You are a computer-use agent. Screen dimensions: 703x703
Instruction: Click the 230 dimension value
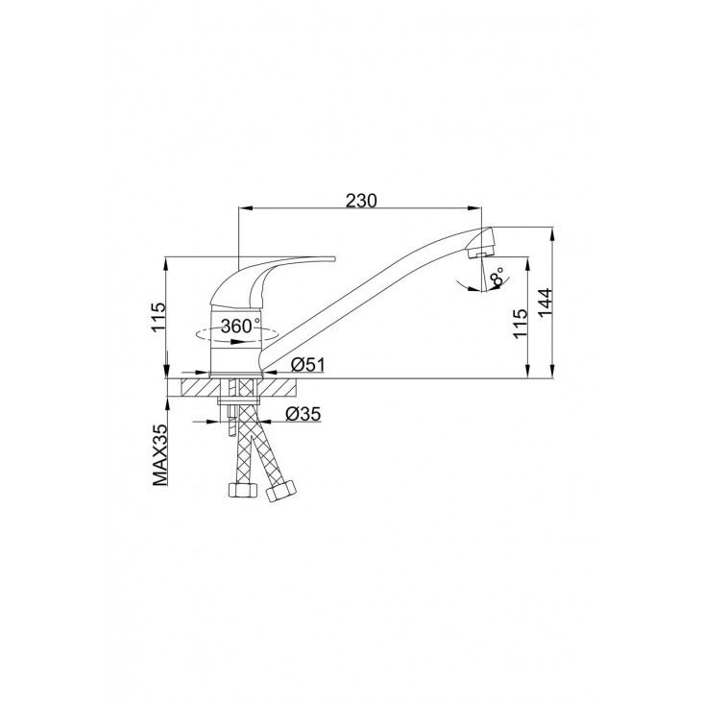tap(361, 201)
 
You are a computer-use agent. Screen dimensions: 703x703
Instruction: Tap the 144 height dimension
tap(545, 303)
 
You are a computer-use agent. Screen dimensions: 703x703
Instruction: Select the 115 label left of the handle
tap(158, 318)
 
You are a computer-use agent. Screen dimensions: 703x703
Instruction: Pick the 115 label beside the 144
tap(520, 324)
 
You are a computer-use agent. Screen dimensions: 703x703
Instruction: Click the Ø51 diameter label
tap(308, 365)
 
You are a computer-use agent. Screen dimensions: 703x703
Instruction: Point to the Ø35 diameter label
tap(303, 414)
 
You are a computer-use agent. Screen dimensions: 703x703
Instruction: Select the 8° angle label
tap(497, 277)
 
